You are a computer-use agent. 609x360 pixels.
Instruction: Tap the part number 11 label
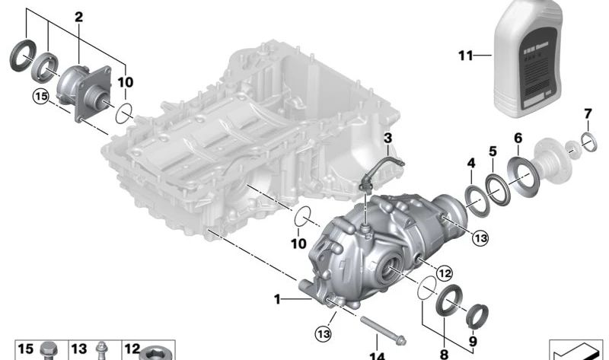pos(466,56)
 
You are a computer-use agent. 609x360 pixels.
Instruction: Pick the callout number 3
pos(387,138)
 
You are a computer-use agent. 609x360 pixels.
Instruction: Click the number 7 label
pos(587,114)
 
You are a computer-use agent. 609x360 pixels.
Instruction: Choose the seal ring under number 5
pos(499,190)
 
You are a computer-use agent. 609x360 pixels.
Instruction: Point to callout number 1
pos(278,300)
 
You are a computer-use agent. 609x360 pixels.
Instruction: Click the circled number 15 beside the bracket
pos(40,97)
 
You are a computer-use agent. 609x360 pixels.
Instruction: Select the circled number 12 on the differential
pos(445,270)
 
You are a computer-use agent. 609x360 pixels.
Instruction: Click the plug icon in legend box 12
pos(158,352)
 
